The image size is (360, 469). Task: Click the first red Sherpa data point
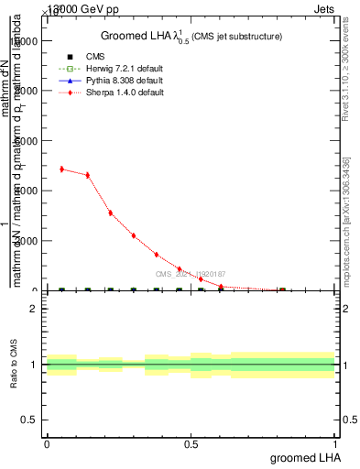click(x=61, y=169)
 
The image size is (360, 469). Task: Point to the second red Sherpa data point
click(x=88, y=175)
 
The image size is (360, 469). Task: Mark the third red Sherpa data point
click(x=111, y=213)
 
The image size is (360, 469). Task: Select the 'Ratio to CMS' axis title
click(x=14, y=365)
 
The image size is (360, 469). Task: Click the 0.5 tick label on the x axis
click(x=191, y=444)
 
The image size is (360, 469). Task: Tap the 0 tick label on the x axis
click(x=47, y=444)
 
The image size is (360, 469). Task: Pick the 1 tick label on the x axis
click(x=335, y=444)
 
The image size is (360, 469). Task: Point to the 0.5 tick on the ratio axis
click(x=30, y=420)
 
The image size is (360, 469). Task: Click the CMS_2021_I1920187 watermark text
click(x=190, y=274)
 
